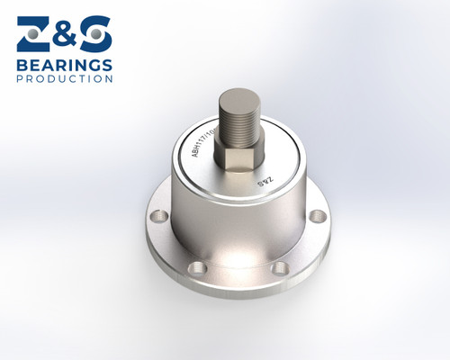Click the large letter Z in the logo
click(33, 35)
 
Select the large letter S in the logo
click(94, 35)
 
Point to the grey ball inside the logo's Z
click(33, 33)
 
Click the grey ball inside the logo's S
click(94, 34)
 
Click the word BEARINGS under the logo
click(65, 65)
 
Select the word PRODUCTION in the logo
click(65, 78)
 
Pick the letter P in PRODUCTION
click(20, 78)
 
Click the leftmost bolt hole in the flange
click(159, 216)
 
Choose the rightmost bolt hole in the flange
click(317, 216)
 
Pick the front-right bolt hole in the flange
click(280, 267)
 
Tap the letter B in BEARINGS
click(22, 65)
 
